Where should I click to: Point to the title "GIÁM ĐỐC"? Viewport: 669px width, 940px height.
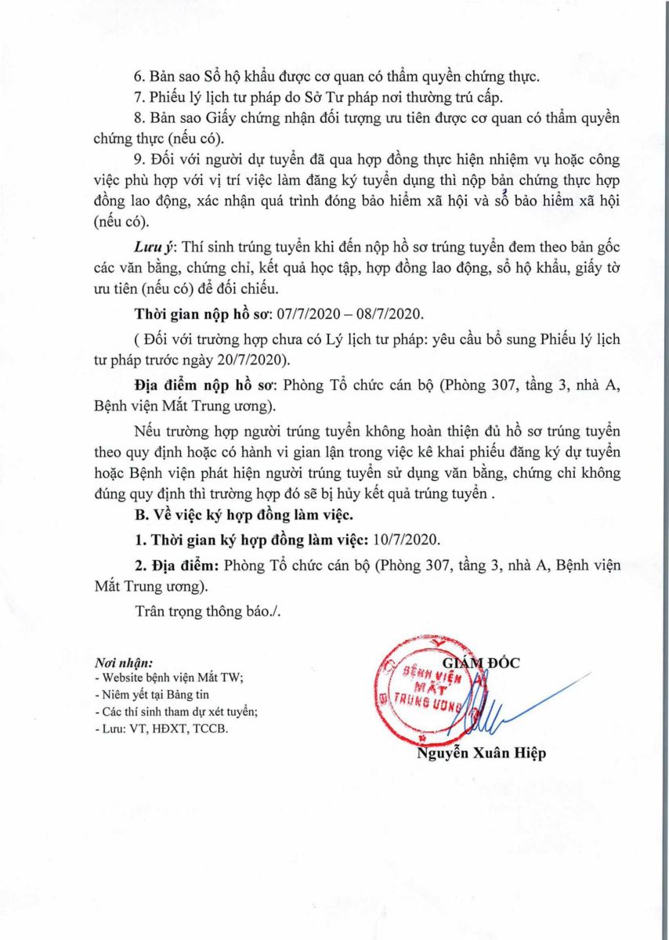click(x=481, y=663)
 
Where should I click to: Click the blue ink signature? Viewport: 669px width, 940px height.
click(x=501, y=701)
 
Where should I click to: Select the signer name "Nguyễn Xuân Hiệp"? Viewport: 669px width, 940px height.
click(x=481, y=753)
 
